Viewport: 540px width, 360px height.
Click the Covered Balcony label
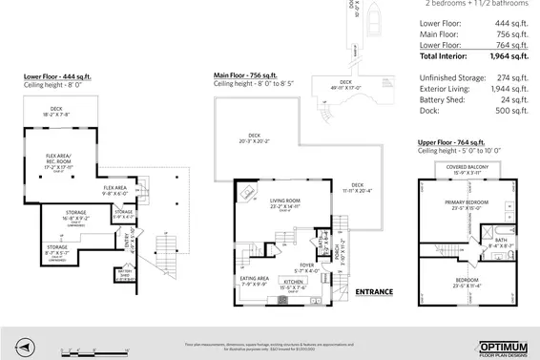click(468, 168)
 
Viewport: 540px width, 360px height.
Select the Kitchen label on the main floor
click(292, 283)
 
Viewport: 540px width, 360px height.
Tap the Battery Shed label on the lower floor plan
click(124, 274)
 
